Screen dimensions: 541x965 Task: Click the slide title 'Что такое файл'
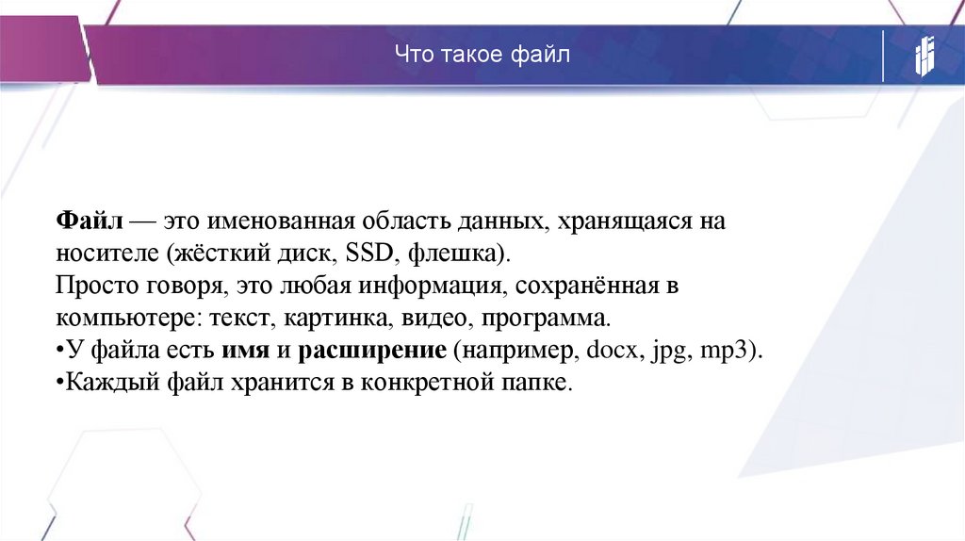[x=482, y=56]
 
